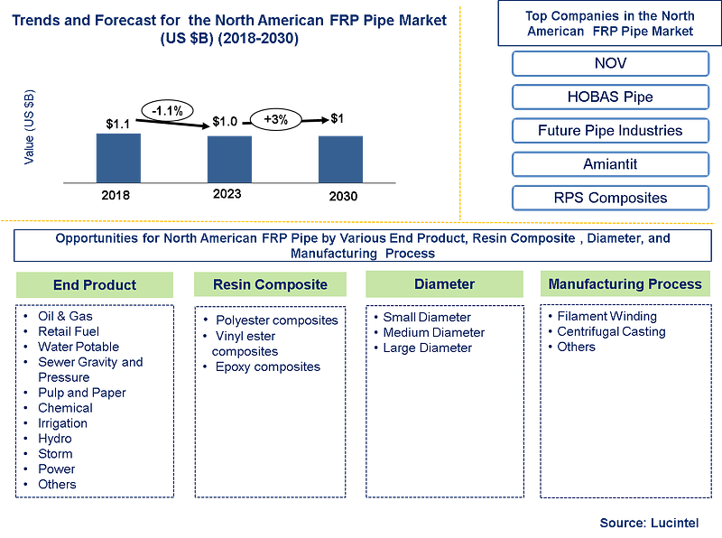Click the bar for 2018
tap(118, 158)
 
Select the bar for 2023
tap(229, 160)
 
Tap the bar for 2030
tap(341, 160)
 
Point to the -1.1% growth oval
tap(167, 111)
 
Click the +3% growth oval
tap(276, 120)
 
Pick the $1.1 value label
tap(118, 124)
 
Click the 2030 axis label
tap(343, 196)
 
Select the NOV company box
tap(611, 63)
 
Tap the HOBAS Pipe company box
tap(611, 97)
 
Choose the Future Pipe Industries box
tap(611, 131)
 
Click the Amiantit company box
tap(611, 164)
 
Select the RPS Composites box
tap(611, 198)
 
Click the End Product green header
tap(95, 284)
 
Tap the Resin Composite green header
tap(270, 284)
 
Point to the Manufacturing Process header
tap(625, 283)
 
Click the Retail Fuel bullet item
tap(69, 331)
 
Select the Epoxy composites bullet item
tap(268, 367)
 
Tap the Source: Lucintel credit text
tap(649, 523)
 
